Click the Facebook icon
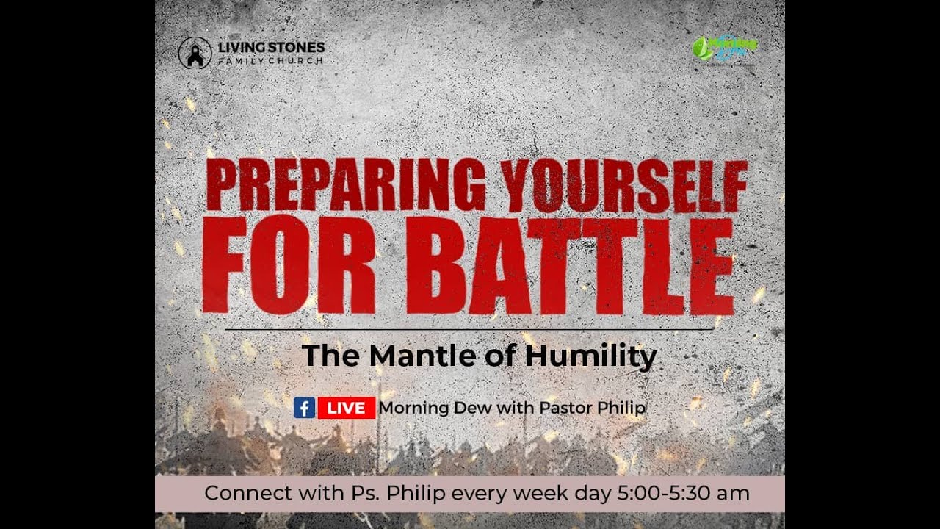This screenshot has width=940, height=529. pyautogui.click(x=304, y=408)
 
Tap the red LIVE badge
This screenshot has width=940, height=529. pyautogui.click(x=346, y=408)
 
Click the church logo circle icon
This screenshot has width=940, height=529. pyautogui.click(x=195, y=53)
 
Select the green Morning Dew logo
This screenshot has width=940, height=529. pyautogui.click(x=725, y=48)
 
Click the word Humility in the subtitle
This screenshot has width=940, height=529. pyautogui.click(x=590, y=356)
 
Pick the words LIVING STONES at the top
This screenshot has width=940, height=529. pyautogui.click(x=271, y=48)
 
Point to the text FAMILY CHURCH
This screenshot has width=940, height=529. pyautogui.click(x=270, y=60)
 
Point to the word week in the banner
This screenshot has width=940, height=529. pyautogui.click(x=540, y=493)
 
